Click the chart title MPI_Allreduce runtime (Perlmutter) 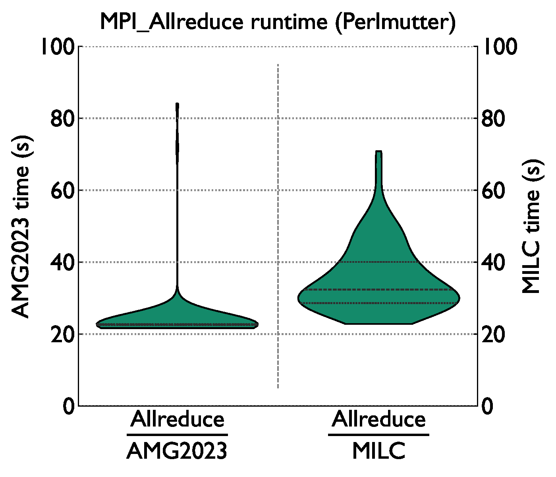pos(278,22)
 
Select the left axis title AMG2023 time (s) pos(20,227)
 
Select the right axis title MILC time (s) pos(531,227)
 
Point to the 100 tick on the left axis pos(58,47)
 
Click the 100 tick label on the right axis pos(500,47)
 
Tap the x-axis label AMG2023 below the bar pos(177,451)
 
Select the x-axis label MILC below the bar pos(378,451)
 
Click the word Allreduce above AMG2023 pos(177,419)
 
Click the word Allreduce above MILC pos(378,419)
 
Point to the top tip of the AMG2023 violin pos(177,105)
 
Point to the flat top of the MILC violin pos(378,151)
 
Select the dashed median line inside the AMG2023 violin pos(177,324)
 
